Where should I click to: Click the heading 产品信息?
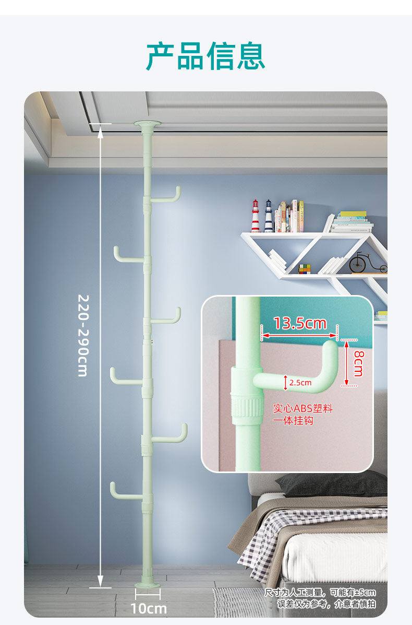pos(205,56)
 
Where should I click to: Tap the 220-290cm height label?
pos(82,335)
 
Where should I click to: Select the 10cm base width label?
pos(149,608)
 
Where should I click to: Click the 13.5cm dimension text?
pos(299,324)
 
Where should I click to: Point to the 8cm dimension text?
pos(358,362)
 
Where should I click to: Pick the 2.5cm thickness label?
pos(300,383)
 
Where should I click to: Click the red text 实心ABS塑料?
pos(302,408)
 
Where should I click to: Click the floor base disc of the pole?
pos(148,585)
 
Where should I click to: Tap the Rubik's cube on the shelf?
pos(304,268)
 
